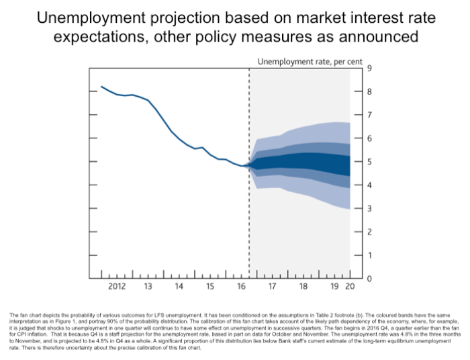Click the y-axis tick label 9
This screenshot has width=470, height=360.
click(368, 69)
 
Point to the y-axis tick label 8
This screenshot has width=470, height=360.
click(368, 92)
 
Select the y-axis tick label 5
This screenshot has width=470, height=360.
click(368, 162)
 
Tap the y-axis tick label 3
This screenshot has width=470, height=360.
click(368, 208)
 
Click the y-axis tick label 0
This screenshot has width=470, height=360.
click(368, 279)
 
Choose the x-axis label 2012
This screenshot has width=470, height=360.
click(117, 286)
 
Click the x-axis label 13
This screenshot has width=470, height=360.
click(148, 286)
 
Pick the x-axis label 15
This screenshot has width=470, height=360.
click(210, 286)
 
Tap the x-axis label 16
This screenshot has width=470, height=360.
click(241, 286)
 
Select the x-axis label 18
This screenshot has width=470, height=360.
click(303, 286)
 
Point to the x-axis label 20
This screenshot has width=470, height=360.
click(349, 286)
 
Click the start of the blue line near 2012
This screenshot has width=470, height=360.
click(101, 87)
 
